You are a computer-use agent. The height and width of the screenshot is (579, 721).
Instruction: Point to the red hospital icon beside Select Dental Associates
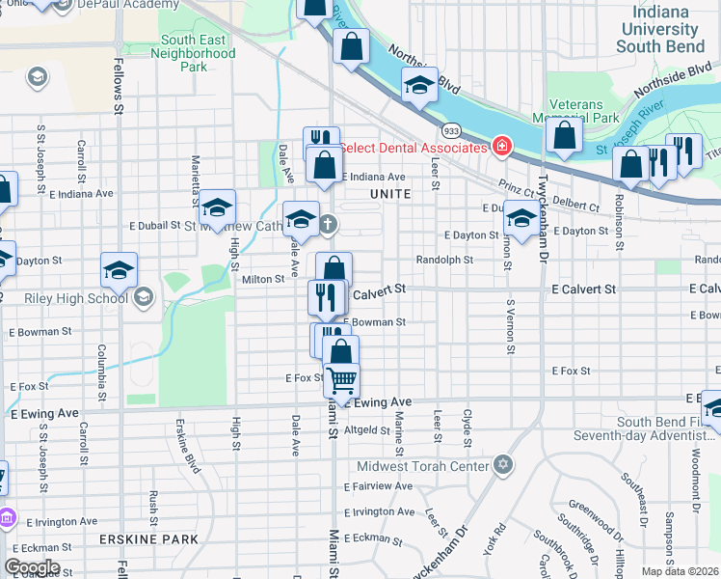coord(500,148)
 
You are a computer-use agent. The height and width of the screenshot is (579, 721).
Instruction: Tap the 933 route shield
coord(450,129)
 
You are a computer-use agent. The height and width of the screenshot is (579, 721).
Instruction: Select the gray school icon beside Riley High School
coord(145,297)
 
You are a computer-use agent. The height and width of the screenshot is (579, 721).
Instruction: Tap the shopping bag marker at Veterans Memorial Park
coord(564,135)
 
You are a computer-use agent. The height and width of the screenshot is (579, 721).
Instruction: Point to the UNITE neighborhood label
coord(389,194)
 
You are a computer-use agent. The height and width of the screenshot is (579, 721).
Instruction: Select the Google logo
coord(31,567)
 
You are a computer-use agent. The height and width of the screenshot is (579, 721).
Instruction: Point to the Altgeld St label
coord(366,430)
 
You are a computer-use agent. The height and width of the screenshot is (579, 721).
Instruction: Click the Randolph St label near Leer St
coord(444,260)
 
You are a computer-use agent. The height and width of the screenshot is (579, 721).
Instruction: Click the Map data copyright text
coord(681,571)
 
